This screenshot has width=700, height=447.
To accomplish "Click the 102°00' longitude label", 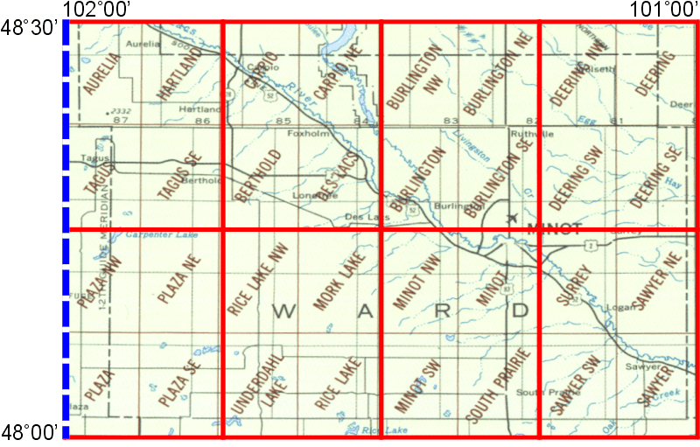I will click(96, 9).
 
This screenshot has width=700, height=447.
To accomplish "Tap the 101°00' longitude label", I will click(664, 9).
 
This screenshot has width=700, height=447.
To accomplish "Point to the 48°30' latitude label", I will click(30, 29).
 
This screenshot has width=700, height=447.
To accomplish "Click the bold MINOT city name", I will click(554, 229).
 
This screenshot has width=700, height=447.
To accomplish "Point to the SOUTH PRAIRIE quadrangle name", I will click(500, 385).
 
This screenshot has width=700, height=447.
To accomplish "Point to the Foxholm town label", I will click(305, 134).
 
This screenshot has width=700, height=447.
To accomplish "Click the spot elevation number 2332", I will click(116, 111).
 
